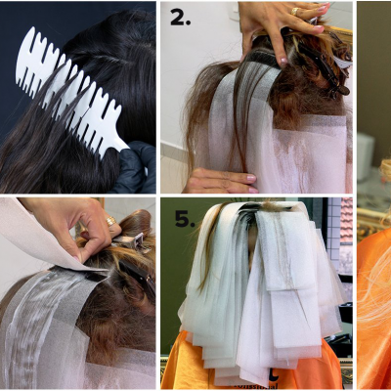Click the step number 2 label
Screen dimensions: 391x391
[x=179, y=17]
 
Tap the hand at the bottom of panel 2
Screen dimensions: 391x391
[x=220, y=180]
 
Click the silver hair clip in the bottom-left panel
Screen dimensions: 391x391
[x=132, y=240]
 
